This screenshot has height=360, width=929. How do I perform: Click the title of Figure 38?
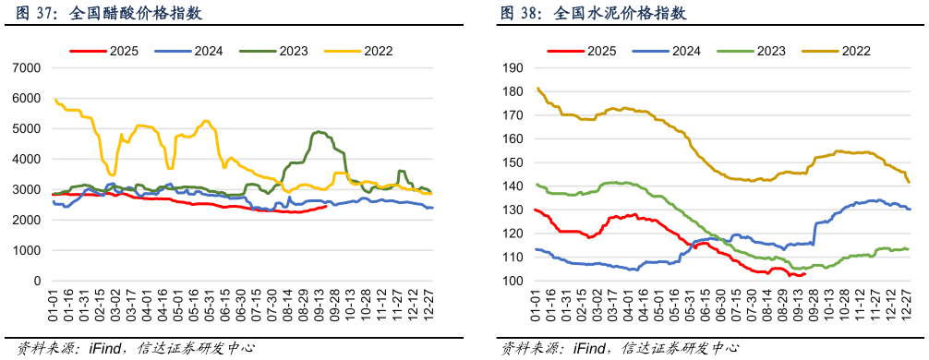pyautogui.click(x=593, y=14)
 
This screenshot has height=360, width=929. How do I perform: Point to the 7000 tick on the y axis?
pyautogui.click(x=26, y=68)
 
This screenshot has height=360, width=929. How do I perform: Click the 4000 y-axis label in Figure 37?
pyautogui.click(x=26, y=160)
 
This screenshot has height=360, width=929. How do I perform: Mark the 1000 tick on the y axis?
pyautogui.click(x=26, y=251)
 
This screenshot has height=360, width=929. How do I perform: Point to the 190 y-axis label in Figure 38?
pyautogui.click(x=513, y=68)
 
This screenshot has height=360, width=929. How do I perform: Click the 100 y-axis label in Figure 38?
pyautogui.click(x=513, y=282)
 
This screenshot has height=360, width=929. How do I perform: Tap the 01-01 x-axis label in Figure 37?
pyautogui.click(x=54, y=304)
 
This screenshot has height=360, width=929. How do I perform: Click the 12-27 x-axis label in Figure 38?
pyautogui.click(x=908, y=304)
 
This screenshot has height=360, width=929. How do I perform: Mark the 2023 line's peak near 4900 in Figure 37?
pyautogui.click(x=319, y=132)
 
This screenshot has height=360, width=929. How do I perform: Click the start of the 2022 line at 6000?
pyautogui.click(x=55, y=99)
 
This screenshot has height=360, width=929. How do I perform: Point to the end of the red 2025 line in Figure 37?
pyautogui.click(x=326, y=207)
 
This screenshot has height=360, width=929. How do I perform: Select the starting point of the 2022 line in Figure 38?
pyautogui.click(x=537, y=89)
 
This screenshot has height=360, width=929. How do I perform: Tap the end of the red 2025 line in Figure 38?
pyautogui.click(x=805, y=273)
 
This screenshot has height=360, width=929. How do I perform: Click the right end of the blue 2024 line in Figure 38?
pyautogui.click(x=910, y=210)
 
